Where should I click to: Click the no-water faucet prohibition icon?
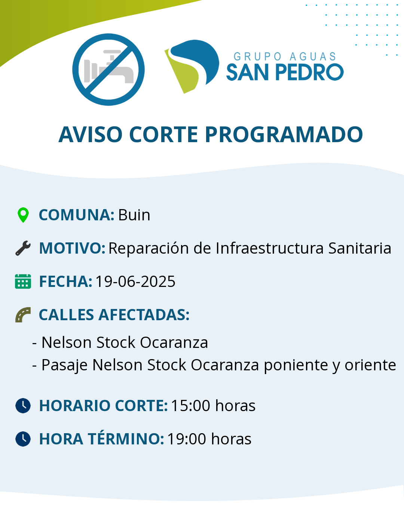pos(108,70)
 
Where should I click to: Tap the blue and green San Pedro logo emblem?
pos(192,67)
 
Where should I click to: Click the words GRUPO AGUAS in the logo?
pos(285,57)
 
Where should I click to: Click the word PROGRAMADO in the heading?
pos(284,134)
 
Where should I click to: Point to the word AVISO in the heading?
pos(91,134)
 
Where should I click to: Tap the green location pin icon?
pos(23,215)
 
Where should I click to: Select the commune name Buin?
pos(134,215)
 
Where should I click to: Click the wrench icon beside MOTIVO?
pos(23,248)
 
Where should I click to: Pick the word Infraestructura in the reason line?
pos(269,248)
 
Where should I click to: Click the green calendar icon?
pos(23,281)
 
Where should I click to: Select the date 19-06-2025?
pos(135,282)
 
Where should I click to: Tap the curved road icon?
pos(23,315)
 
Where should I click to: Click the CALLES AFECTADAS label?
pos(114,315)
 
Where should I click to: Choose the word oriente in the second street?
pos(370,365)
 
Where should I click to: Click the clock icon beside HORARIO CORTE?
pos(23,405)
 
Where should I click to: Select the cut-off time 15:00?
pos(190,406)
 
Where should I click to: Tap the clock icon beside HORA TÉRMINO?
pos(23,439)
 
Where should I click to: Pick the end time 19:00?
pos(186,439)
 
